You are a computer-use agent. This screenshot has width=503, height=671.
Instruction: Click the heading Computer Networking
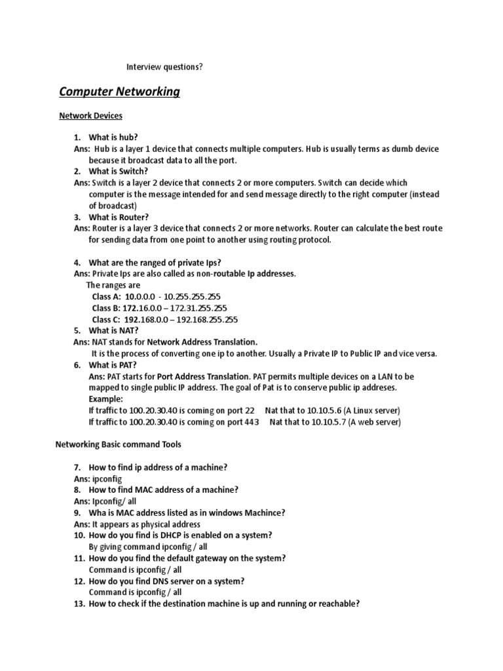(x=119, y=92)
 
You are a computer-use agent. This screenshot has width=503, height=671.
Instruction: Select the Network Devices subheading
(x=90, y=116)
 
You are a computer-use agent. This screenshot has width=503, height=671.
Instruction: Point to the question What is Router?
(x=119, y=217)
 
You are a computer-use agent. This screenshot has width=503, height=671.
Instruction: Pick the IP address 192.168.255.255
(x=205, y=320)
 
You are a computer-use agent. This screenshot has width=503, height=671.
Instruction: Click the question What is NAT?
(x=113, y=331)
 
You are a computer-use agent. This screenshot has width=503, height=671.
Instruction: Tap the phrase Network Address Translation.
(x=202, y=342)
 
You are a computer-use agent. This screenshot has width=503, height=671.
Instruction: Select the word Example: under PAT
(x=105, y=398)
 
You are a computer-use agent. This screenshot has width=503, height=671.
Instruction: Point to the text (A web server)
(x=375, y=422)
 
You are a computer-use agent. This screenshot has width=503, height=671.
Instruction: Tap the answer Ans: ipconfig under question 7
(x=98, y=479)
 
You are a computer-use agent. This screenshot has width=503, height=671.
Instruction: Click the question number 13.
(x=79, y=604)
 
